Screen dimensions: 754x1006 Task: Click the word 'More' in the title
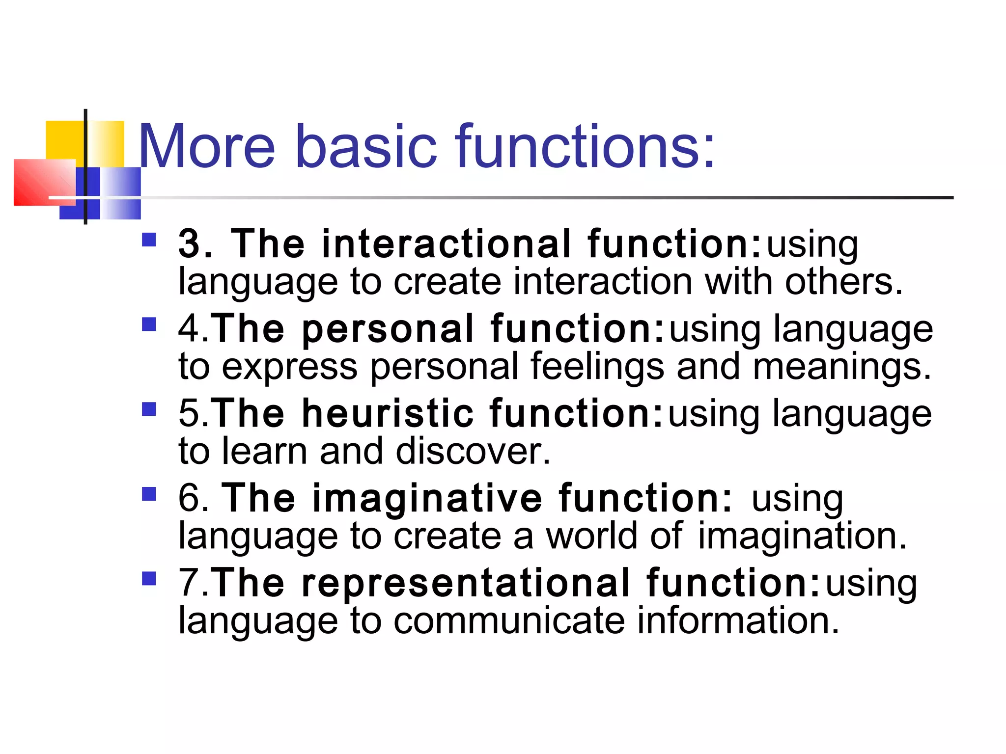pos(207,146)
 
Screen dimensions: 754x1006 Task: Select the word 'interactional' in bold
pos(446,243)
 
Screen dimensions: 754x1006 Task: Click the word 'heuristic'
pos(388,413)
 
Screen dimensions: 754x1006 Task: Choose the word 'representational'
pos(466,583)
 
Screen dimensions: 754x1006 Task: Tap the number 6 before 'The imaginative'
pos(189,498)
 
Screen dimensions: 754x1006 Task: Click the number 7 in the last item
pos(188,583)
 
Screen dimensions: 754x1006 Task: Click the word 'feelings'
pos(597,367)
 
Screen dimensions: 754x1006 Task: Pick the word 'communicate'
pos(508,620)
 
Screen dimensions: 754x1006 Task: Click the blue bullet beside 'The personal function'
pos(149,324)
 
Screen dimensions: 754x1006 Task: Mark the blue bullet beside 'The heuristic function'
pos(149,409)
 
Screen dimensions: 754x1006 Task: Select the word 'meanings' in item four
pos(841,367)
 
